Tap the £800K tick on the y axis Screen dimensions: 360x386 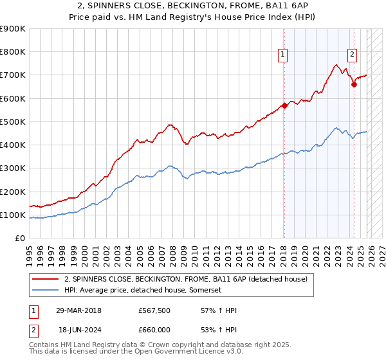coord(13,52)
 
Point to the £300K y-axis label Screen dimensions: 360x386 coord(13,168)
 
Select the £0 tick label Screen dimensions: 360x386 coord(19,239)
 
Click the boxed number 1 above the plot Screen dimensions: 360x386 coord(283,55)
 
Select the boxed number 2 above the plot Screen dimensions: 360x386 coord(353,55)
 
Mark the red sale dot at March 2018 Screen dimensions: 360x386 coord(284,106)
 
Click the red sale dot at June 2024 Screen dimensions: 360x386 coord(354,84)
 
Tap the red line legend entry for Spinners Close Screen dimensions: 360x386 coord(186,279)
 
